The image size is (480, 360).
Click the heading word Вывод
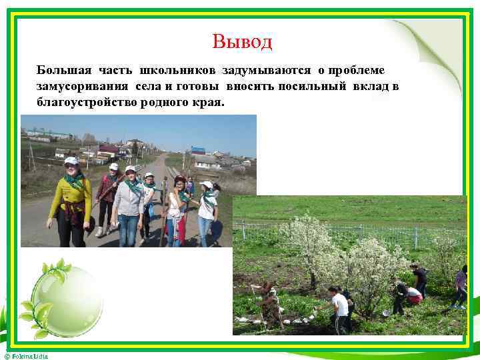pyautogui.click(x=243, y=42)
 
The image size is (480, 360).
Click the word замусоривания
pyautogui.click(x=83, y=87)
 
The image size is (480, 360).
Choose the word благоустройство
pyautogui.click(x=87, y=103)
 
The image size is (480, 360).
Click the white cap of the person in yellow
pyautogui.click(x=71, y=161)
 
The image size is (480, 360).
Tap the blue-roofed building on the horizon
pyautogui.click(x=198, y=150)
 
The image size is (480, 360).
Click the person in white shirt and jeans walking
pyautogui.click(x=207, y=212)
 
